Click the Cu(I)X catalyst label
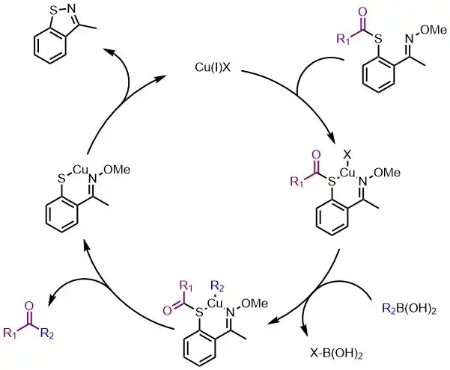213,68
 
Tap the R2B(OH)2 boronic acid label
410,309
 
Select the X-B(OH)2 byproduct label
336,354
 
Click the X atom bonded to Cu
347,155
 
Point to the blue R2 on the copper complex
217,286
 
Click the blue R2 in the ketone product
47,333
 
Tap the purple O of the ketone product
28,306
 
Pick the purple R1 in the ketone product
10,333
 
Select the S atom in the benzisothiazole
53,11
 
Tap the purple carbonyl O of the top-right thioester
362,12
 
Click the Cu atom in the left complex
81,170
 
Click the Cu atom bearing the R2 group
214,303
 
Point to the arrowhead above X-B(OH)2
305,332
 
